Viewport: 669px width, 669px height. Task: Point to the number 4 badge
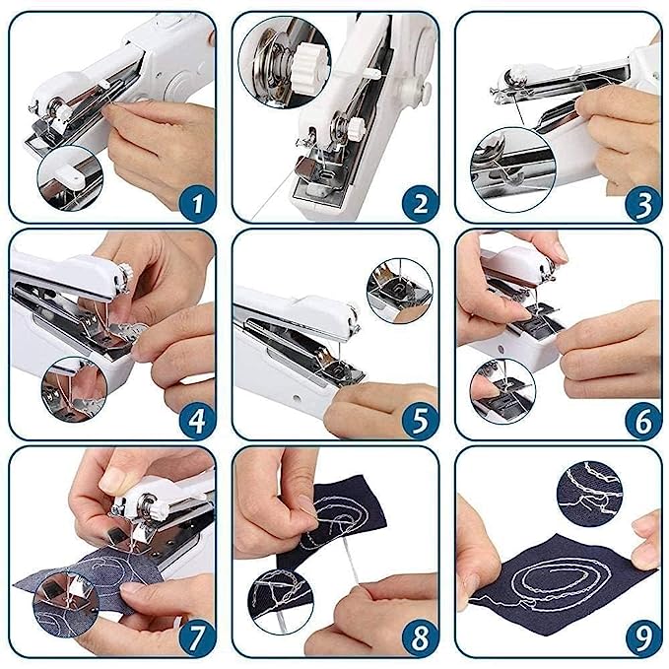(x=196, y=421)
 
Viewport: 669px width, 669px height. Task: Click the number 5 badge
(x=420, y=421)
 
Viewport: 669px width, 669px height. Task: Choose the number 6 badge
(x=642, y=421)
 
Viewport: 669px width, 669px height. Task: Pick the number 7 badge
(x=196, y=638)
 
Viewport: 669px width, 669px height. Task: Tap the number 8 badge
(x=420, y=638)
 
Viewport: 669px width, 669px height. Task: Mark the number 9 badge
(x=642, y=638)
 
